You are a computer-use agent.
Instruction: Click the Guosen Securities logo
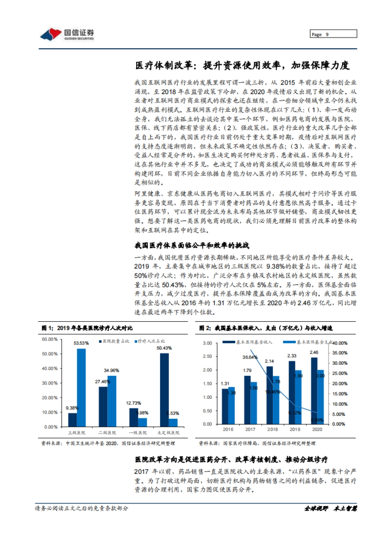pyautogui.click(x=67, y=34)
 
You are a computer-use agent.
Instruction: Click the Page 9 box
pyautogui.click(x=333, y=34)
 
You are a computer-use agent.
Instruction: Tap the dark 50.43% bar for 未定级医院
pyautogui.click(x=164, y=390)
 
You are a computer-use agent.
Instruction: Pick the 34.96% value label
pyautogui.click(x=111, y=370)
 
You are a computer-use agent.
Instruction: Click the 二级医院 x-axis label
pyautogui.click(x=107, y=433)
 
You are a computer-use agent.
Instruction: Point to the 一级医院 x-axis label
pyautogui.click(x=138, y=433)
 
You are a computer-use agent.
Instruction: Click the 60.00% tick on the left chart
pyautogui.click(x=50, y=339)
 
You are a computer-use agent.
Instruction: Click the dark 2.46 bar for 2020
pyautogui.click(x=314, y=391)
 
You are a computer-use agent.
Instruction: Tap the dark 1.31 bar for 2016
pyautogui.click(x=225, y=406)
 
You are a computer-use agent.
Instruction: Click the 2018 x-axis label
pyautogui.click(x=273, y=429)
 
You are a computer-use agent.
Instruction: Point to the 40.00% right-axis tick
pyautogui.click(x=340, y=343)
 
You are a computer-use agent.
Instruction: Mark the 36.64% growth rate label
pyautogui.click(x=250, y=357)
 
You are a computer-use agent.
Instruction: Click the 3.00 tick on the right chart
pyautogui.click(x=207, y=343)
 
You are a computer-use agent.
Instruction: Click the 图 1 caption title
pyautogui.click(x=87, y=328)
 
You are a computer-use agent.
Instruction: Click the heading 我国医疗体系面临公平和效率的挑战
pyautogui.click(x=192, y=245)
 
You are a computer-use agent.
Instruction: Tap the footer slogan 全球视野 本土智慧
pyautogui.click(x=330, y=508)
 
